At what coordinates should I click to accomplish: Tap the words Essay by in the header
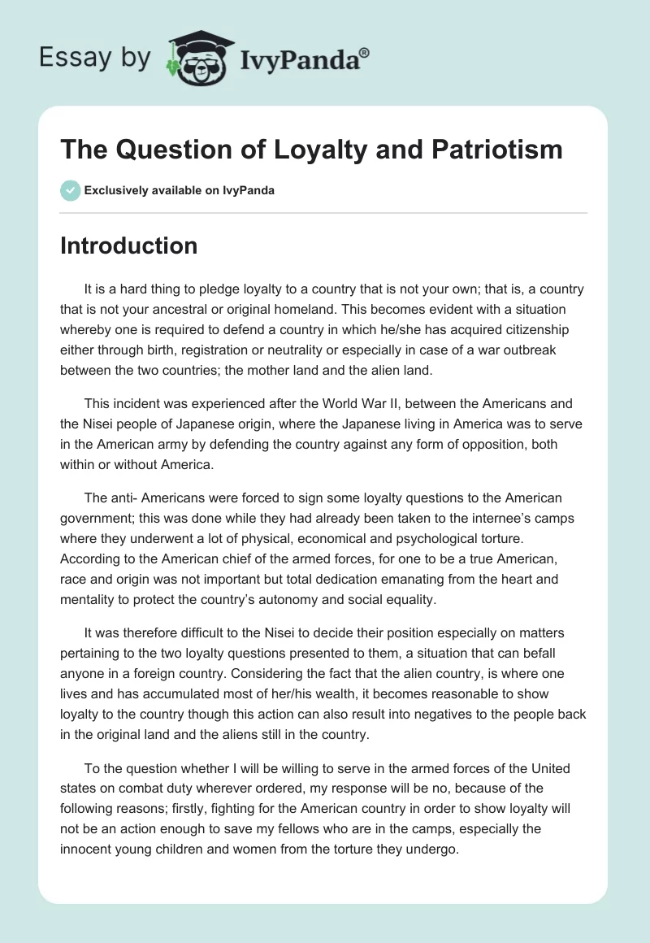point(94,58)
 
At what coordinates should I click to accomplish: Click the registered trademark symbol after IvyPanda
point(364,52)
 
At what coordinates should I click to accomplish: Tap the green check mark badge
point(70,190)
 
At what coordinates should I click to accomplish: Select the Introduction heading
point(128,246)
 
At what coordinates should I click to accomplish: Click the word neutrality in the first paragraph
point(344,350)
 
